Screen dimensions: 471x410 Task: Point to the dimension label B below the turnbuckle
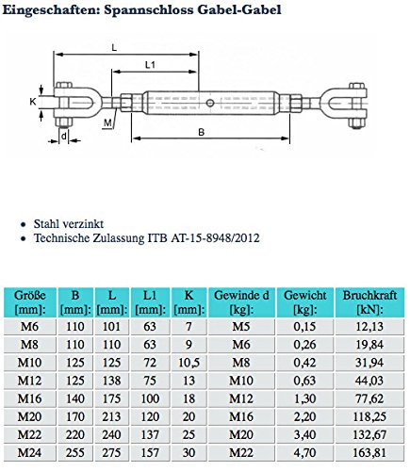[200, 134]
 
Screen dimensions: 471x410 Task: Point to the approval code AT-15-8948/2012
[210, 239]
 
